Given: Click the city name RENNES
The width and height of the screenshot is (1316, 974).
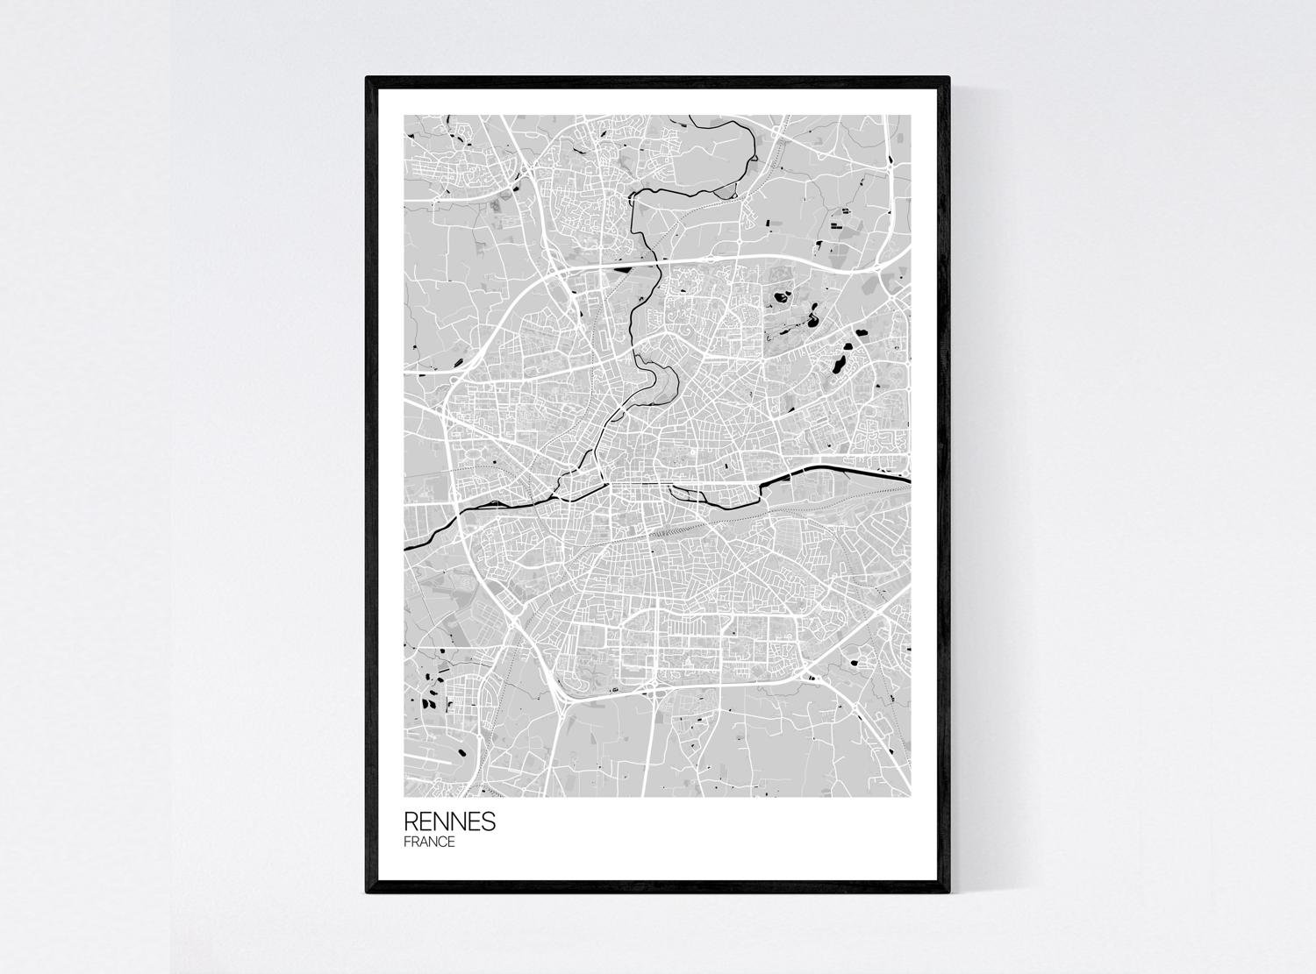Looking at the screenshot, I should [449, 821].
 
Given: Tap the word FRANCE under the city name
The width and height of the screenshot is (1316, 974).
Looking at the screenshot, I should [429, 842].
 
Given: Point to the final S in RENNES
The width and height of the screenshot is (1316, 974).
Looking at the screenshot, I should [489, 821].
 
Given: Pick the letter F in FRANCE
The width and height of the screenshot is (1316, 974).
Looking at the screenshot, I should [407, 842].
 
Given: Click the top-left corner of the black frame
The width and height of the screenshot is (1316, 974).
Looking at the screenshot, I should [367, 78].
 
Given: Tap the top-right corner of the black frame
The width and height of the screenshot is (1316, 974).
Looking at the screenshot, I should [949, 78].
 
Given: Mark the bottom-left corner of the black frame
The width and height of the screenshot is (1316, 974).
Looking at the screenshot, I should [367, 892].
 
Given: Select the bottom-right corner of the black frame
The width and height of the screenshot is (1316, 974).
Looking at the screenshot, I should [949, 892].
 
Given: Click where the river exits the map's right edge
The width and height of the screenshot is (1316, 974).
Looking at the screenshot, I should [910, 479].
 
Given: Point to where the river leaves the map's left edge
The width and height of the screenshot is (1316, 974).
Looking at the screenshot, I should [404, 548].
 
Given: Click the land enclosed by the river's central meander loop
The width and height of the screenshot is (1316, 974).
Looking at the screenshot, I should [659, 382].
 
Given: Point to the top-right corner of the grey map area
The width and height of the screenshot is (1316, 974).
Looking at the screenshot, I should [910, 116].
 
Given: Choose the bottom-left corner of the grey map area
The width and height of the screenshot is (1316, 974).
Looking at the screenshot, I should [404, 796].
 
